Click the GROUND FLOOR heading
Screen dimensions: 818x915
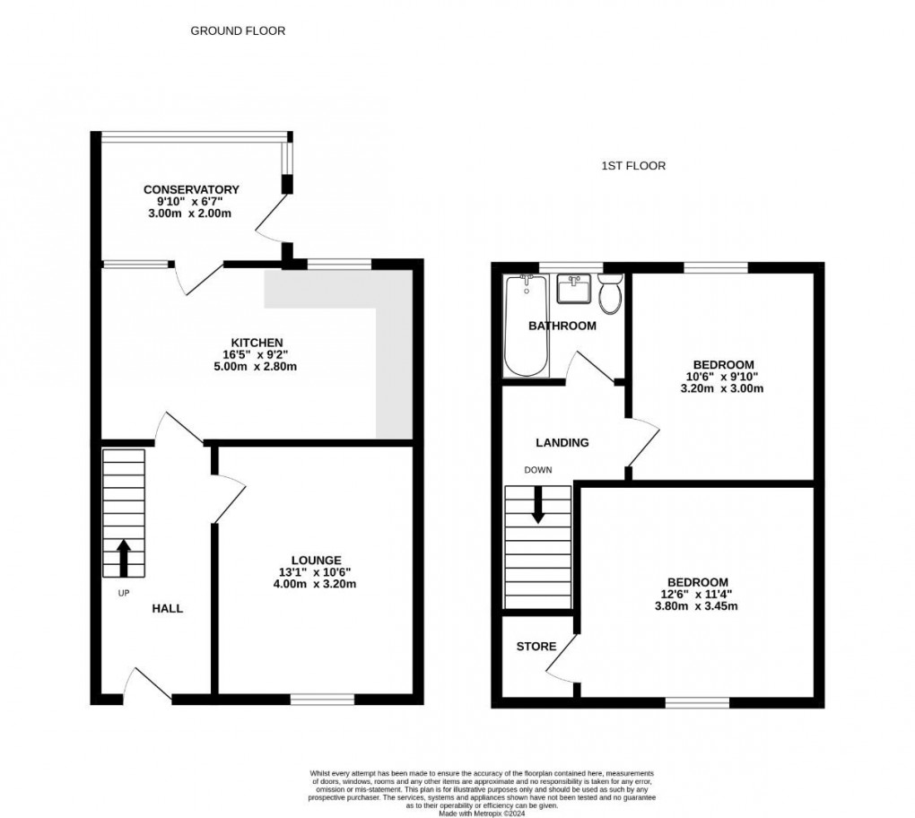[x=238, y=30]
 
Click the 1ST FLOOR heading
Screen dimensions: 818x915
[x=633, y=166]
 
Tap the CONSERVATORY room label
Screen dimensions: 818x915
[x=191, y=189]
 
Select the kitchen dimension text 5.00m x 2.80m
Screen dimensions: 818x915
[x=257, y=366]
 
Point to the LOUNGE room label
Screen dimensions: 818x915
[x=315, y=560]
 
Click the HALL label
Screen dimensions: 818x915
[x=167, y=608]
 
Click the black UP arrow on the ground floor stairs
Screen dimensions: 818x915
[x=123, y=557]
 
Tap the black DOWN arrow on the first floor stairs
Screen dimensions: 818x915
[x=538, y=504]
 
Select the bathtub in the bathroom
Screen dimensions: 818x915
[x=526, y=326]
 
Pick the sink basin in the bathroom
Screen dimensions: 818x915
[x=572, y=289]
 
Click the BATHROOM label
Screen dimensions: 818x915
[x=562, y=326]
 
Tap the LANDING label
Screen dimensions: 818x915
[x=562, y=442]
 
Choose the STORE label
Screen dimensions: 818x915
[x=536, y=646]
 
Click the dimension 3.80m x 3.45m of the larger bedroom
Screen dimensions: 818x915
[x=702, y=606]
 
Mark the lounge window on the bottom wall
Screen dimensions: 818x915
[x=322, y=698]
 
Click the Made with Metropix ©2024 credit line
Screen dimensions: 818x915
[x=482, y=813]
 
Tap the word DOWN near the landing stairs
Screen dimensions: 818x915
[x=538, y=470]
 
